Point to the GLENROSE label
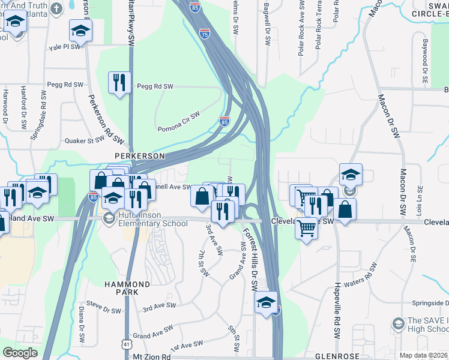point(336,356)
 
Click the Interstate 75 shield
point(205,34)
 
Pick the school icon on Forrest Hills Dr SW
point(265,302)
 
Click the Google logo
point(20,353)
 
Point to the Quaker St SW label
point(85,141)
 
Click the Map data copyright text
point(424,355)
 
